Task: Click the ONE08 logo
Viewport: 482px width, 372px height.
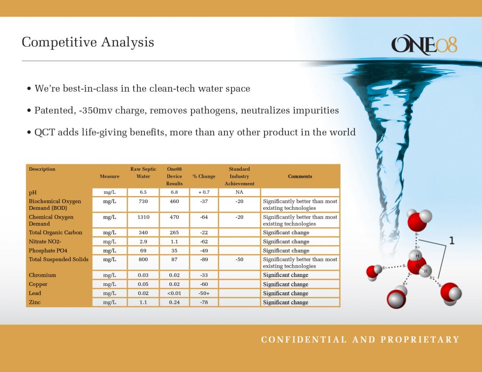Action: point(424,45)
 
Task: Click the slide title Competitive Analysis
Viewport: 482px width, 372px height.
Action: point(88,42)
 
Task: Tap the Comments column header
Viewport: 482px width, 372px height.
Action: point(300,176)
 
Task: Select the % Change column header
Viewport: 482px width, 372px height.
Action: point(204,176)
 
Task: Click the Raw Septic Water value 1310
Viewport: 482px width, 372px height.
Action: point(143,217)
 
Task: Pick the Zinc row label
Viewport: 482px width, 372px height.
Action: point(35,302)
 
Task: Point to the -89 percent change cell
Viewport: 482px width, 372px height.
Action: point(204,260)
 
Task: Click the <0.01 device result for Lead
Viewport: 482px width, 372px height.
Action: point(174,293)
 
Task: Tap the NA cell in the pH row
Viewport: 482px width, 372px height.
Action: point(239,192)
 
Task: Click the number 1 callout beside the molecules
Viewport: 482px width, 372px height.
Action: point(451,241)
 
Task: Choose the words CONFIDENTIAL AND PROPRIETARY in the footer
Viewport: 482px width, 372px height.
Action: point(360,340)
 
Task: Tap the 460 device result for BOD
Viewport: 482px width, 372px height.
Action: point(174,201)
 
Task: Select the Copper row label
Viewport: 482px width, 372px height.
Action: point(38,285)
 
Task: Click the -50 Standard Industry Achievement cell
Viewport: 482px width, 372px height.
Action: point(239,260)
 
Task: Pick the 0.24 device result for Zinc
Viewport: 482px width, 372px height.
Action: point(174,302)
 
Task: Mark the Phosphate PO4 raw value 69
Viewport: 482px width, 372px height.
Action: point(143,251)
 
